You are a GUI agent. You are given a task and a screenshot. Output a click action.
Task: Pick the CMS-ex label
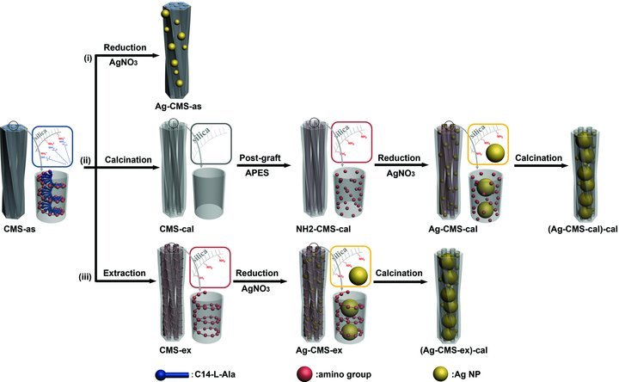[x=179, y=347]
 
